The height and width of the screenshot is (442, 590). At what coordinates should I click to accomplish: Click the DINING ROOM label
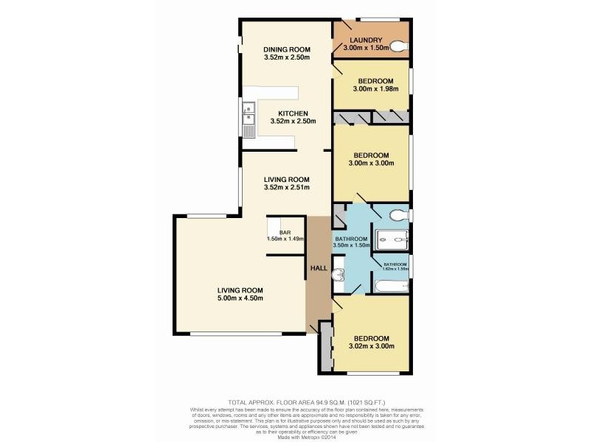coord(287,50)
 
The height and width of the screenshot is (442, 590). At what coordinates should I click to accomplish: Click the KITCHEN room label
coord(287,113)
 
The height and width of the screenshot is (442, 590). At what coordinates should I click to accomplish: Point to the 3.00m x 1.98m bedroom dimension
coord(371,89)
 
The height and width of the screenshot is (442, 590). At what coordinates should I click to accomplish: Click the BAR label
coord(285,233)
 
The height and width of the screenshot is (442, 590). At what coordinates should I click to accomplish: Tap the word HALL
coord(319,269)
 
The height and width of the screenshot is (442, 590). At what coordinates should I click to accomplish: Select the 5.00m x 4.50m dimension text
coord(240,298)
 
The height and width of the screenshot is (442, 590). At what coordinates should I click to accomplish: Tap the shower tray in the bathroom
coord(391,239)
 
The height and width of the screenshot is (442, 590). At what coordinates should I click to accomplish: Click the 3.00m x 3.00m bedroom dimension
coord(371,164)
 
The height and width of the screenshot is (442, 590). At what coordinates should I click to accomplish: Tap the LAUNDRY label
coord(366,41)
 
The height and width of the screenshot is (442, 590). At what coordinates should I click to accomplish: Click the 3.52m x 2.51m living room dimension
coord(287,188)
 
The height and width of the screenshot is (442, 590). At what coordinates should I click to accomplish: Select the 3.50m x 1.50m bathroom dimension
coord(351,246)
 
